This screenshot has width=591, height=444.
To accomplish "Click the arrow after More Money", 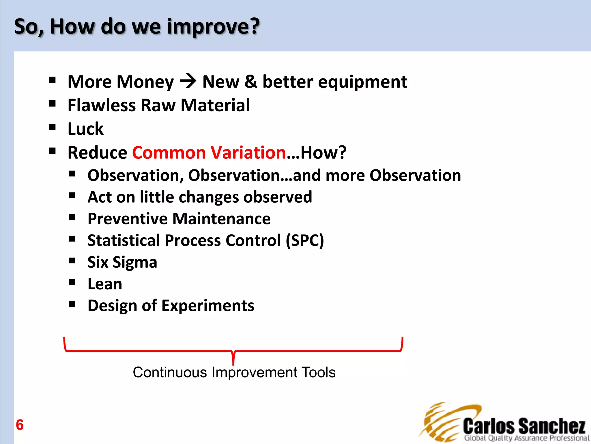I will [x=188, y=81].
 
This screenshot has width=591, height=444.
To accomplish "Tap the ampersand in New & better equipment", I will [x=250, y=82].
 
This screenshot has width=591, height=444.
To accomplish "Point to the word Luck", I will [x=85, y=129].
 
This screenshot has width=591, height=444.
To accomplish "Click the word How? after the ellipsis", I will [x=323, y=152].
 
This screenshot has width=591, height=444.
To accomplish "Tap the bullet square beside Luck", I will [x=52, y=127].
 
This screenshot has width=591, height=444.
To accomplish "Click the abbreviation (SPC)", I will [x=305, y=240].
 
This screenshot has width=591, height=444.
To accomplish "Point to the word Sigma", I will [x=134, y=262].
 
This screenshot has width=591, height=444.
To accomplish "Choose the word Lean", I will [x=105, y=284].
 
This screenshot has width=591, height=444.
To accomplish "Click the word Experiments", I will [x=208, y=306].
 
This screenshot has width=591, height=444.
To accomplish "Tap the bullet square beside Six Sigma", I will [x=72, y=261].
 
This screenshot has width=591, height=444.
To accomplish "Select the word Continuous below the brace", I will [x=170, y=372].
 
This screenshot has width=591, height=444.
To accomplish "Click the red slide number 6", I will [x=20, y=425].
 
